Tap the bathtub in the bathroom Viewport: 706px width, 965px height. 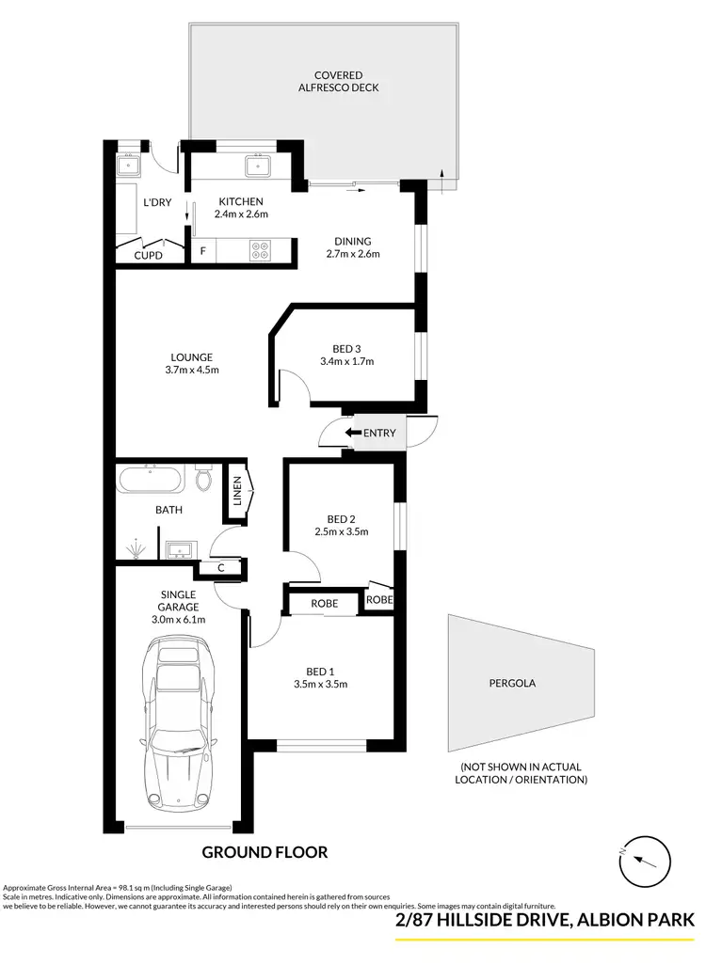pos(152,482)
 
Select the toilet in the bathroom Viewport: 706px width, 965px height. pos(204,480)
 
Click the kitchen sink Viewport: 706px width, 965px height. pos(258,167)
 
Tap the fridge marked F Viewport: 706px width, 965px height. pos(201,252)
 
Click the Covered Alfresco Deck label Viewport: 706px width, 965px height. pos(340,82)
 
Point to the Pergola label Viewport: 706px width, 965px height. pos(512,684)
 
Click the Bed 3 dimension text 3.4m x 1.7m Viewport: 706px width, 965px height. pos(347,361)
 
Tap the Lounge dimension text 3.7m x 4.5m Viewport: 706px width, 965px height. pos(191,369)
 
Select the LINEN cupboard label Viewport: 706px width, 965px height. pos(238,491)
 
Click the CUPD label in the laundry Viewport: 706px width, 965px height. pos(148,256)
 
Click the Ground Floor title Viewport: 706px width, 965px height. pos(265,852)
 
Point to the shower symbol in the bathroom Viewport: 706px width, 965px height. pos(137,546)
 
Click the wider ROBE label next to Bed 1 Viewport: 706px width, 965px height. pos(324,604)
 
